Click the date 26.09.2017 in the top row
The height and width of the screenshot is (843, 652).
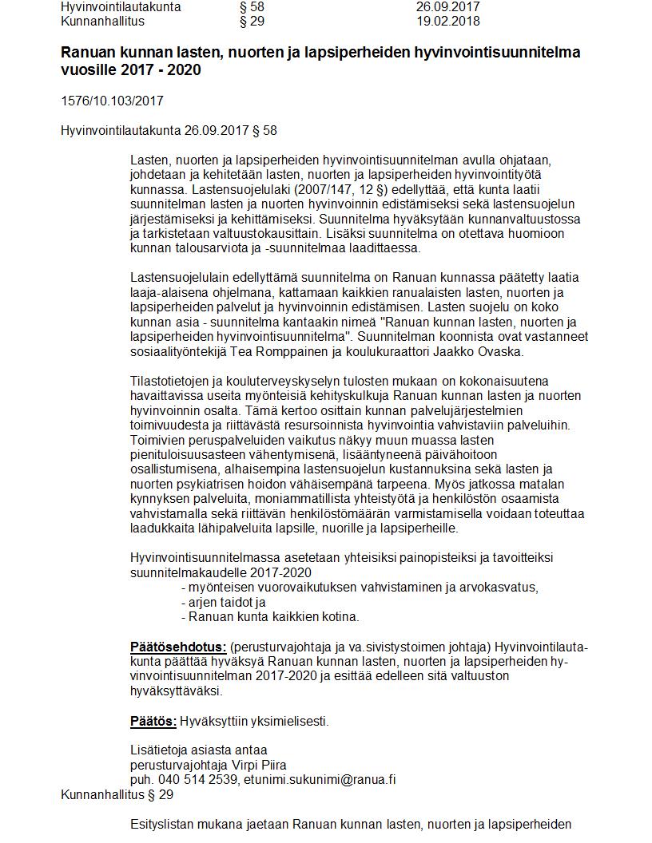(x=447, y=6)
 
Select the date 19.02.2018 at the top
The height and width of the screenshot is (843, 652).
(x=447, y=21)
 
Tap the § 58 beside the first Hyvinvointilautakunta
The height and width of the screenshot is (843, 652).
(x=252, y=6)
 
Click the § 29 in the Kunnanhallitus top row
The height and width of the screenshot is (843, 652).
(x=252, y=21)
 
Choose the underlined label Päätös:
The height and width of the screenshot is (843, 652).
(x=153, y=722)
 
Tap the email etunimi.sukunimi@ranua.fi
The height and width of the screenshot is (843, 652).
(x=320, y=780)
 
